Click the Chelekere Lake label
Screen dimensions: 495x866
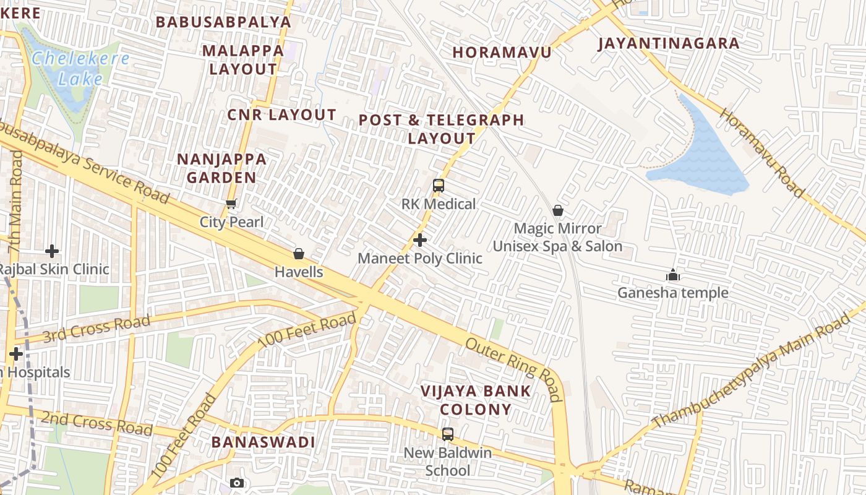80,69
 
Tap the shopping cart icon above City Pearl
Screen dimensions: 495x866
231,204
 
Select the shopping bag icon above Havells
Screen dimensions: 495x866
299,254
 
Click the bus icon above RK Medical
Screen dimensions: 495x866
439,185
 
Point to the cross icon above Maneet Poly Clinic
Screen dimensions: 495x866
420,239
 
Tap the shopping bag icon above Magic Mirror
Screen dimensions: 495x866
557,210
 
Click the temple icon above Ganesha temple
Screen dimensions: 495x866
672,275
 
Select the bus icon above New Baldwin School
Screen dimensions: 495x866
447,434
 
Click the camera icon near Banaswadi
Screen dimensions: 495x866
236,483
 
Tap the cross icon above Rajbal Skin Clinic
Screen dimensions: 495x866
52,251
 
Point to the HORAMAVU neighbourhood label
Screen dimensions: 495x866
502,52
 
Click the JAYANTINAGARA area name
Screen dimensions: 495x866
669,43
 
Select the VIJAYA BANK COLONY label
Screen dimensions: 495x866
476,400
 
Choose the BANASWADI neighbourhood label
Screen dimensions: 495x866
264,442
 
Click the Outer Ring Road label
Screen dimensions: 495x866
513,369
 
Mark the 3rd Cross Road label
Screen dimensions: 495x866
97,327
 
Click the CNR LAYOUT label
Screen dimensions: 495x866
281,114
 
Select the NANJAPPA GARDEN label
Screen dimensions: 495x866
221,168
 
